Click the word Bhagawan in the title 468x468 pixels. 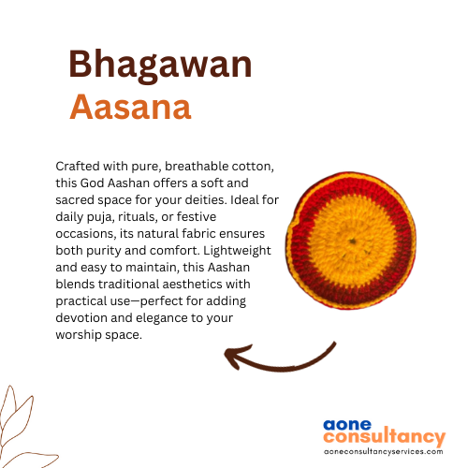tap(160, 66)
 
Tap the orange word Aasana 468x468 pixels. tap(130, 107)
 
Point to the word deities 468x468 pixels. tap(206, 199)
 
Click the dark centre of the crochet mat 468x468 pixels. tap(353, 241)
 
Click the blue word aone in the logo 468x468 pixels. tap(347, 425)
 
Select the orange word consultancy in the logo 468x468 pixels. tap(385, 437)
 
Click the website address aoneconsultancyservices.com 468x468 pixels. tap(383, 451)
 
